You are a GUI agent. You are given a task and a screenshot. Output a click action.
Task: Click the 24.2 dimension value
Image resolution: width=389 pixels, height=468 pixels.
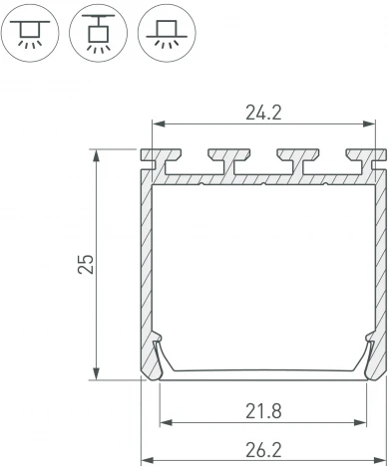[263, 113]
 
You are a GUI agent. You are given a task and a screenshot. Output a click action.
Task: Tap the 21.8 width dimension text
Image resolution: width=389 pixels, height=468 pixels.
[263, 409]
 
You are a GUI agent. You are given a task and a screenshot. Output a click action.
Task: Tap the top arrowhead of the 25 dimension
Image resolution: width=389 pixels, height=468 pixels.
[97, 155]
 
